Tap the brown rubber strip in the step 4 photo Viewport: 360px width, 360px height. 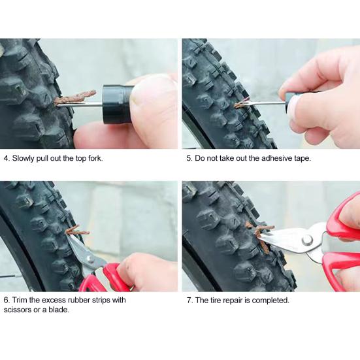coord(75,97)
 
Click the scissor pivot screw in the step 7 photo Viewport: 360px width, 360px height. coord(307,240)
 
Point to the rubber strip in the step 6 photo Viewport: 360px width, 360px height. coord(77,230)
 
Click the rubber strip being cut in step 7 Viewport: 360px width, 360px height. coord(261,237)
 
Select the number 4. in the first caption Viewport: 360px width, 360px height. coord(7,158)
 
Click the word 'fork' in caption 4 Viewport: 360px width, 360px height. coord(95,158)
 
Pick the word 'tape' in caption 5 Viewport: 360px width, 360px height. coord(303,159)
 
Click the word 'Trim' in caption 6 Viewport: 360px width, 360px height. coord(20,300)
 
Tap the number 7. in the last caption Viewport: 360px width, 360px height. coord(189,301)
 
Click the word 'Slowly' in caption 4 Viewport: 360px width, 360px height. coord(23,158)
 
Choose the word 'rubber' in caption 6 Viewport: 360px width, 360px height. coord(79,300)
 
